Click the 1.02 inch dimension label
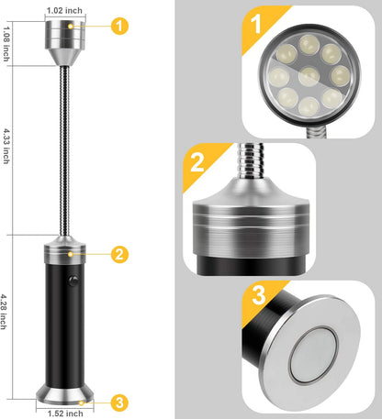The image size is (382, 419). click(63, 12)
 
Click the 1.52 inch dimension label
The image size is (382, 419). click(63, 412)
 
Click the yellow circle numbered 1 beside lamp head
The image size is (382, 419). click(118, 27)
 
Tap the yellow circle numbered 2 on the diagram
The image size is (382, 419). click(118, 255)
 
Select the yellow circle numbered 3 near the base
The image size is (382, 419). click(118, 402)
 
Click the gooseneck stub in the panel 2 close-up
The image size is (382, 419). click(251, 161)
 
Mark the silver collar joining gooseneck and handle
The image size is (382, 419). click(63, 250)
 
